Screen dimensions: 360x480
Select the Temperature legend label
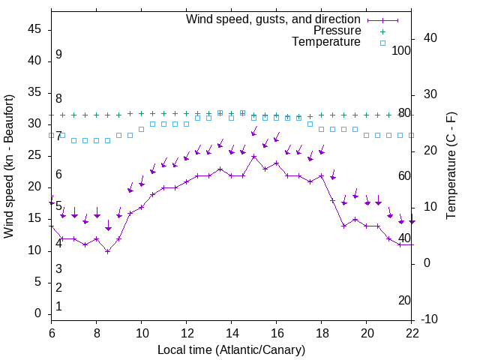tap(326, 43)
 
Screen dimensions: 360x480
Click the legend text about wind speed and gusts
tap(273, 19)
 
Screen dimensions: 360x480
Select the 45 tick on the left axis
tap(34, 29)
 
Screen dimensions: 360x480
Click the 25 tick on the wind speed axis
tap(34, 155)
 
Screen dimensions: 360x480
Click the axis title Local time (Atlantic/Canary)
tap(232, 349)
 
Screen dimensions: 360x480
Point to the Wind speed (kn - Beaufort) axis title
tap(10, 166)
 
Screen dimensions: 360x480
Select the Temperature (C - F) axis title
tap(451, 166)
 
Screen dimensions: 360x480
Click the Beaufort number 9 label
tap(58, 55)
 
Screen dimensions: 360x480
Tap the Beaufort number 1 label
tap(58, 307)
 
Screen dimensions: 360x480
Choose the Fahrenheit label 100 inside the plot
tap(402, 50)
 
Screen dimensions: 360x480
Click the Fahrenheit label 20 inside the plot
tap(404, 300)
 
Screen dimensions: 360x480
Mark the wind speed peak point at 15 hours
tap(254, 157)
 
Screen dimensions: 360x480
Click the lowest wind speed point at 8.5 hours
tap(108, 251)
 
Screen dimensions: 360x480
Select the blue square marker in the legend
tap(382, 43)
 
